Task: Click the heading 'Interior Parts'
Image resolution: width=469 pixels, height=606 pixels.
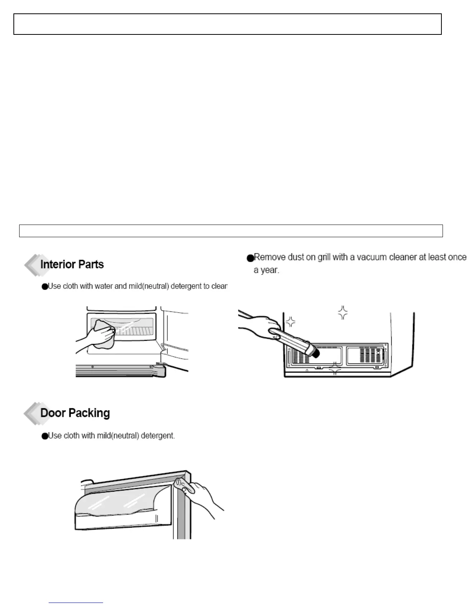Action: coord(72,264)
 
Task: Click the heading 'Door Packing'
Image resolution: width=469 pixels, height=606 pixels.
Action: coord(75,413)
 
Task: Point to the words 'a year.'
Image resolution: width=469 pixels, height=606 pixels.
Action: coord(266,270)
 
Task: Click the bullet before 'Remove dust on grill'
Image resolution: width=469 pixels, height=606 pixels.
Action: coord(250,258)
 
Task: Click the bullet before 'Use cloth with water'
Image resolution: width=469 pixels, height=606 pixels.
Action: coord(44,287)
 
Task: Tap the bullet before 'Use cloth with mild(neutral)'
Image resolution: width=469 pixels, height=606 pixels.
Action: coord(44,436)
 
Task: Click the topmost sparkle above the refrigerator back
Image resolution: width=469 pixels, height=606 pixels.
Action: coord(343,312)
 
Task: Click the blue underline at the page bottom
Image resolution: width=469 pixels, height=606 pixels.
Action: coord(76,603)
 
